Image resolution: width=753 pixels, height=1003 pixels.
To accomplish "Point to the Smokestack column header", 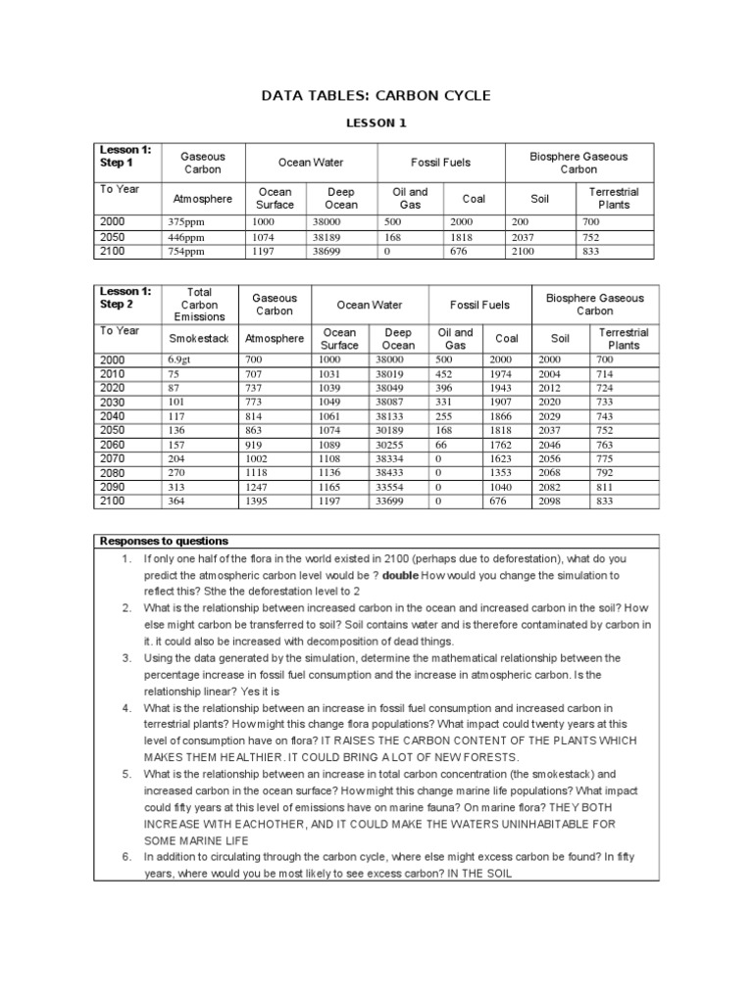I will click(198, 338).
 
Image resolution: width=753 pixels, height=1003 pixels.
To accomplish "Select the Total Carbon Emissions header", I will click(199, 304).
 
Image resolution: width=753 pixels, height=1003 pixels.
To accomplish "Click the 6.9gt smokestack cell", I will click(181, 359).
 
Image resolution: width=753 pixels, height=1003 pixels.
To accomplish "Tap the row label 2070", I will click(114, 456).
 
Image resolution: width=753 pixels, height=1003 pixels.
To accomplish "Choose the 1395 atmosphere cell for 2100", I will click(258, 501).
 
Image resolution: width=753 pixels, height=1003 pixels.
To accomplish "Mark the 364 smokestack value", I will click(177, 501).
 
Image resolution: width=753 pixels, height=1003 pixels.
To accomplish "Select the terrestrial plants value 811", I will click(607, 486).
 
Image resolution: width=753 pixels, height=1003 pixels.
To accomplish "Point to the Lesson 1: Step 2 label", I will click(125, 298).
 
